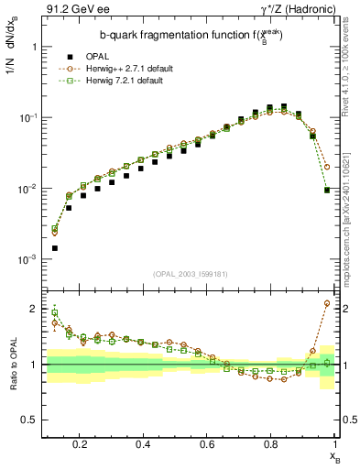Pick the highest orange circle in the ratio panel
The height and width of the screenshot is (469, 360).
click(x=327, y=303)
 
